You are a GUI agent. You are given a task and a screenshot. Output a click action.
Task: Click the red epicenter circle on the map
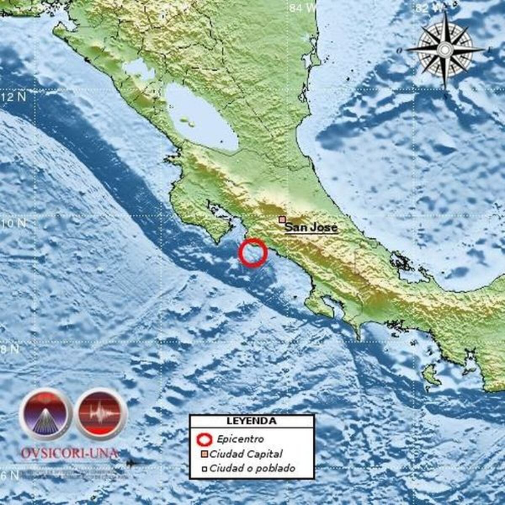coord(253,253)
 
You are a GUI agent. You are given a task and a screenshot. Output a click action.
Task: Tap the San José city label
coord(311,228)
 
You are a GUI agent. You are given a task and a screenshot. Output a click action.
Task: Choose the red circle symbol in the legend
coord(205,439)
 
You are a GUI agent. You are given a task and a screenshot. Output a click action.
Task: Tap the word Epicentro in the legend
coord(240,439)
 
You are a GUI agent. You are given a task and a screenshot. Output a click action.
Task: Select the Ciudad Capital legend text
coord(246,454)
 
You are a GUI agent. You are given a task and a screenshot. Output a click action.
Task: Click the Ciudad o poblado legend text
coord(252,468)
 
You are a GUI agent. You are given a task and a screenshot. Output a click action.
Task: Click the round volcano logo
coord(45,414)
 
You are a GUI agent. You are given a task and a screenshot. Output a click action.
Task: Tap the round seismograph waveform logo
coord(101,414)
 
